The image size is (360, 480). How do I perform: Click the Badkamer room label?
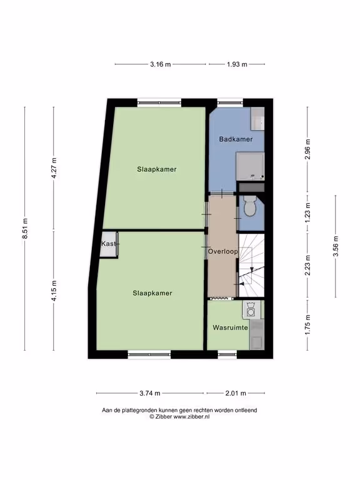236,139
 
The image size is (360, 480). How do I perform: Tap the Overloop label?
223,252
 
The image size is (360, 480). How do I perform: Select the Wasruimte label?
230,327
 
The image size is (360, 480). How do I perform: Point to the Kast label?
109,244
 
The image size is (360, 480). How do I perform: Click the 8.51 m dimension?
25,228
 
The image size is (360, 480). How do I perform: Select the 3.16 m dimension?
161,64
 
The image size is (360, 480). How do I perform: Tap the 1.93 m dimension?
237,64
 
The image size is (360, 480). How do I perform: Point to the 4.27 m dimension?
54,168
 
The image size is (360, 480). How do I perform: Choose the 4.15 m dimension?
54,291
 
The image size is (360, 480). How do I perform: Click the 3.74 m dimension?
150,393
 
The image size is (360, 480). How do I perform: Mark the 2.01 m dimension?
236,393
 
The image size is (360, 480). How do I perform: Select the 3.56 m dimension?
336,246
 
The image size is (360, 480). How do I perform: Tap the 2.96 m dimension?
307,149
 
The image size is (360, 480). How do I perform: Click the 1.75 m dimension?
307,324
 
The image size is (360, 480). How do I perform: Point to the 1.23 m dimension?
307,212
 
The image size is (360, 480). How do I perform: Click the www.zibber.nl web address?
192,417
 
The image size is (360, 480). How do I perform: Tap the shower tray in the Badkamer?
251,166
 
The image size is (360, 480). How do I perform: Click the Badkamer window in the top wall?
230,102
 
